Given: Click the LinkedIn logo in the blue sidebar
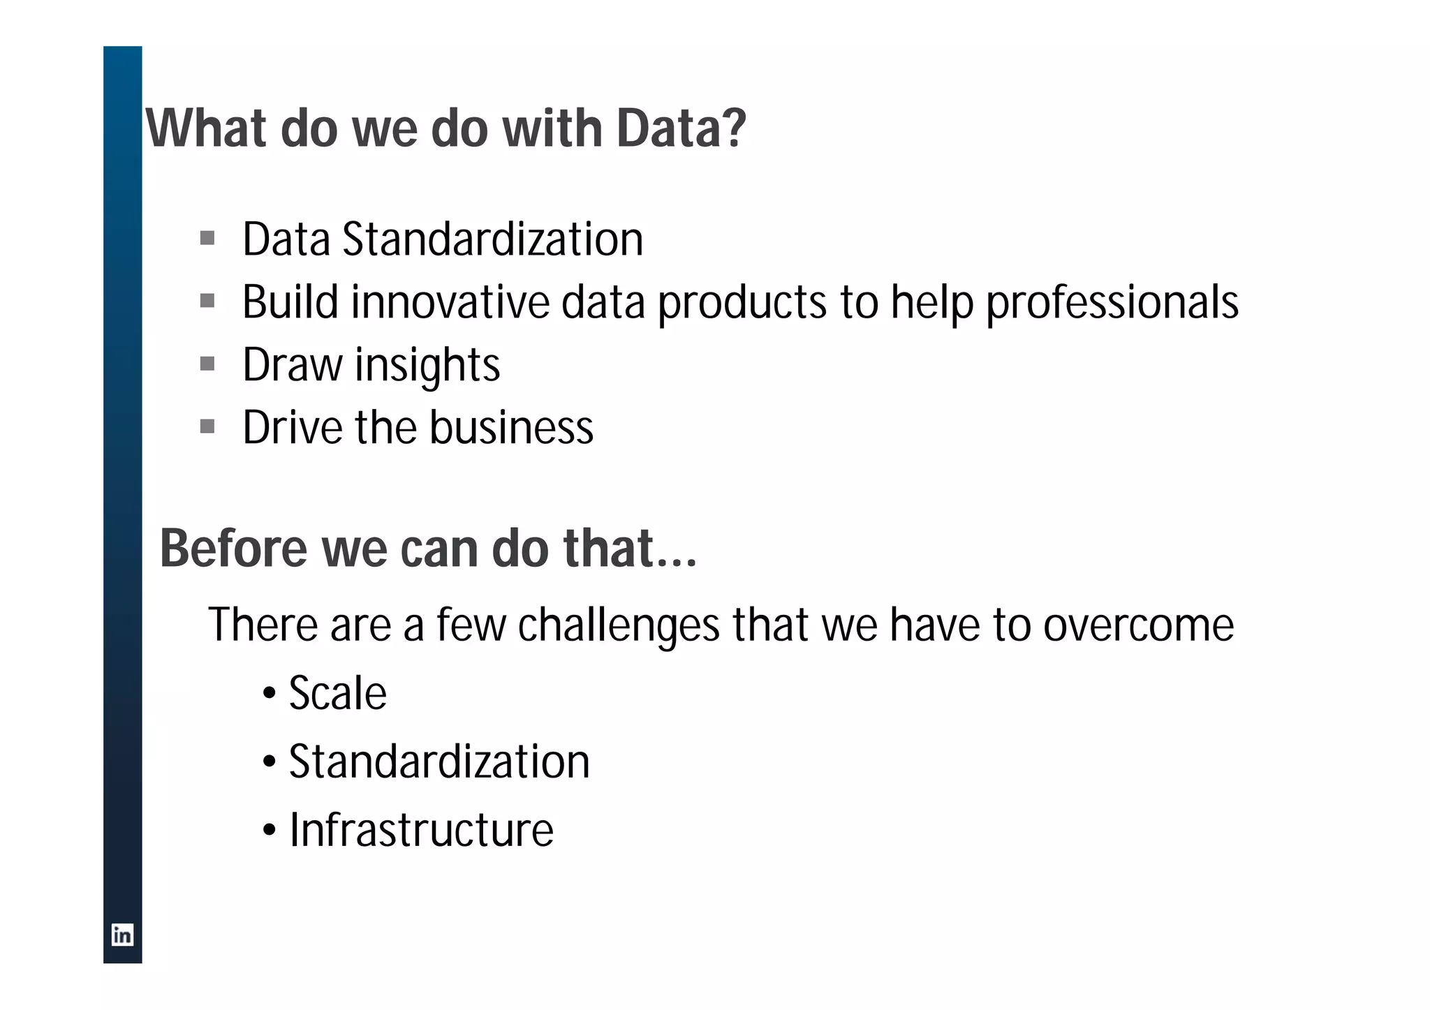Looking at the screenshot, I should [122, 935].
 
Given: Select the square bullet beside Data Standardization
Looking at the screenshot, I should [207, 239].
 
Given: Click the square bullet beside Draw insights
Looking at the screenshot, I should [207, 364].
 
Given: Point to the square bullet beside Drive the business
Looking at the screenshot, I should [207, 426].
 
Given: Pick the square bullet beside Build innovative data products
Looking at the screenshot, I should [207, 302].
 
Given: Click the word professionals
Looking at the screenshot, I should [1112, 303].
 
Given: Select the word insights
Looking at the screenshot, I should [427, 365].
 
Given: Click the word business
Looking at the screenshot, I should [511, 427].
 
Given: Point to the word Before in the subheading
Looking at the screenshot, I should [234, 549].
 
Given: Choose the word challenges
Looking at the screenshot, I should [619, 625].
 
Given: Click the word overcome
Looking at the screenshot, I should [1138, 625].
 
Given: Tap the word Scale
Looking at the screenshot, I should [337, 693].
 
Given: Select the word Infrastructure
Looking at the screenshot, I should [421, 830].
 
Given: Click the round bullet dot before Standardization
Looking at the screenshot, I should [270, 763].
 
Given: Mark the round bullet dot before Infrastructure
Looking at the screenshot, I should [270, 831].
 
